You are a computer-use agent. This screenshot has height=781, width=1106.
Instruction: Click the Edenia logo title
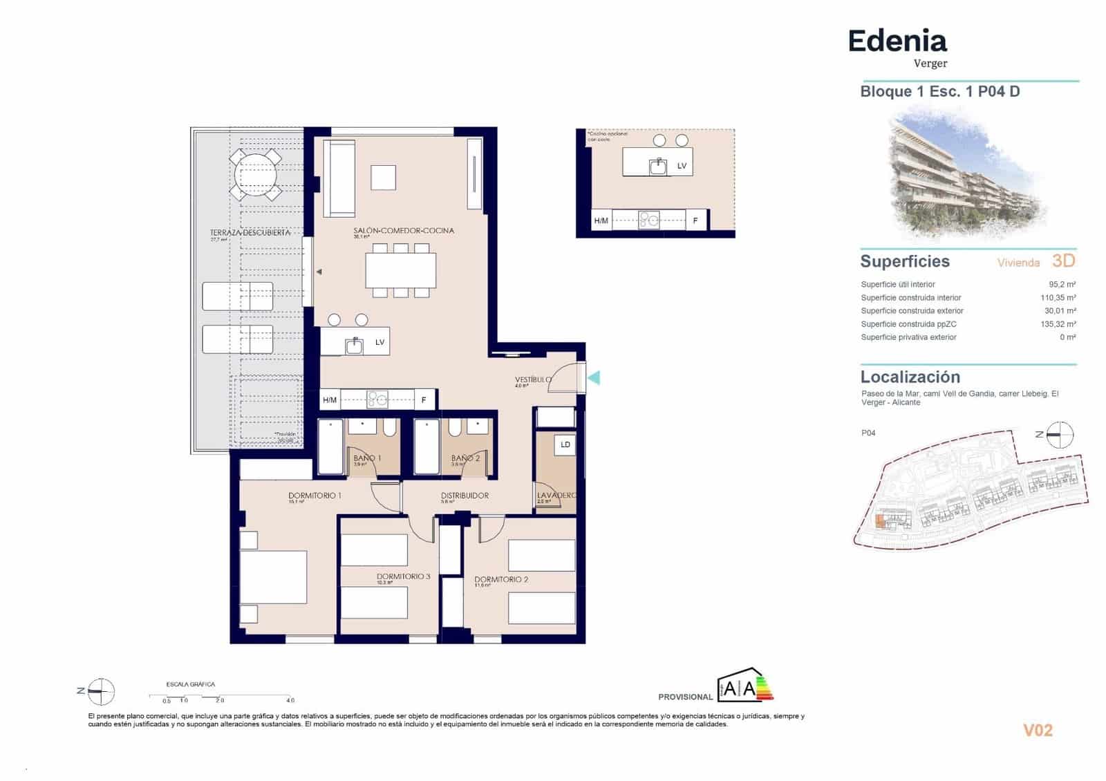click(897, 41)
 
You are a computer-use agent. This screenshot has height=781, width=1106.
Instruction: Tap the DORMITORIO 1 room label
click(315, 496)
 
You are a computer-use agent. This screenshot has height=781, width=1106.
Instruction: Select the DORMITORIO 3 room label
click(403, 576)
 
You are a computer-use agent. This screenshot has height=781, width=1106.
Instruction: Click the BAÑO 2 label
click(465, 458)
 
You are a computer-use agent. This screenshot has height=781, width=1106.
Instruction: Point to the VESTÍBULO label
click(533, 379)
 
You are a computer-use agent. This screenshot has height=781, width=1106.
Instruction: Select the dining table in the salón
click(401, 270)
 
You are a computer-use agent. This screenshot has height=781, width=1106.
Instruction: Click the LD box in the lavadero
click(565, 444)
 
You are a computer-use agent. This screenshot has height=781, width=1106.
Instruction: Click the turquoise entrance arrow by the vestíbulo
click(594, 377)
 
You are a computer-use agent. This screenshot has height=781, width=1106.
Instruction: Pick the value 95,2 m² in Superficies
click(1062, 284)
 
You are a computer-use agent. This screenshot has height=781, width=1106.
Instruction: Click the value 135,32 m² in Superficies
click(1058, 324)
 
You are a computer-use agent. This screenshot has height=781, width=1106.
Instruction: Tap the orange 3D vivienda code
click(1063, 261)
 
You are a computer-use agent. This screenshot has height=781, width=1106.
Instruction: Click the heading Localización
click(910, 377)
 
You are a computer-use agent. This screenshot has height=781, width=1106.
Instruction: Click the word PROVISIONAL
click(684, 697)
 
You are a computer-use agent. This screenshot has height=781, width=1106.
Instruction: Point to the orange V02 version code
click(1037, 730)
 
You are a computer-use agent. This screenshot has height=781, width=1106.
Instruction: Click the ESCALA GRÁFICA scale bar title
click(190, 684)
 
